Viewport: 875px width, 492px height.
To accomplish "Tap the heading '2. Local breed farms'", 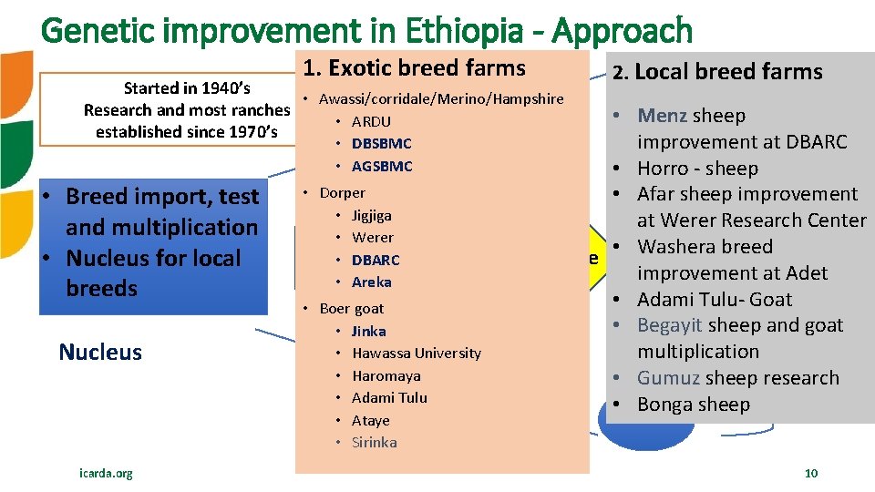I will (717, 72).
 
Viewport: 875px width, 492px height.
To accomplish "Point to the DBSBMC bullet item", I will (381, 144).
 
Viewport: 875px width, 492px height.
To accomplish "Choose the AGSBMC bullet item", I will (381, 166).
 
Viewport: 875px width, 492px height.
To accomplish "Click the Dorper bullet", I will (342, 193).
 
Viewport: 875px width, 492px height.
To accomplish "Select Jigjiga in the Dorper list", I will (371, 216).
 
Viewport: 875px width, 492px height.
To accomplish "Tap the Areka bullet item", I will (371, 282).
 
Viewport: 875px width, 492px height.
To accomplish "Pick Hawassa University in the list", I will (416, 354).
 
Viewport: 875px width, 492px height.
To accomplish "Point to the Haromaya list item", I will (386, 375).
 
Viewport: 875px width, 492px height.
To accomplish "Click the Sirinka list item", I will (374, 442).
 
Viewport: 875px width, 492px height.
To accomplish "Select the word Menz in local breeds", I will (663, 116).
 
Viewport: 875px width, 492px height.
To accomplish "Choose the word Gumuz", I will (668, 378).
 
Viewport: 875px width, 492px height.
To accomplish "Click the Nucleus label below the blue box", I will (100, 353).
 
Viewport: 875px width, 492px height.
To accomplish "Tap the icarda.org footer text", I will (106, 473).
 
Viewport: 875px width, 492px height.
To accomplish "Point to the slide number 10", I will (811, 473).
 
